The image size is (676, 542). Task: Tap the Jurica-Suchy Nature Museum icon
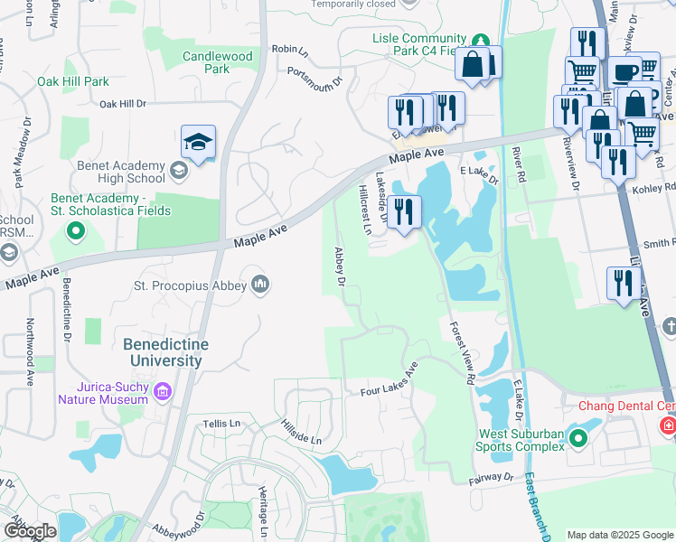(163, 391)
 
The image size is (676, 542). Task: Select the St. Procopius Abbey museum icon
(261, 285)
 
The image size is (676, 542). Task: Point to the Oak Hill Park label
(73, 81)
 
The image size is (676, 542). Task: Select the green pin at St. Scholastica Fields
(76, 231)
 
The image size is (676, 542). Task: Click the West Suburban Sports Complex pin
(578, 440)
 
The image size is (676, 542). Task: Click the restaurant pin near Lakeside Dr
(404, 211)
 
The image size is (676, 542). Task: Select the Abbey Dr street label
(341, 266)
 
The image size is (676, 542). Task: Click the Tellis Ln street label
(222, 423)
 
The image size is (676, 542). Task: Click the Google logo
(30, 531)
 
